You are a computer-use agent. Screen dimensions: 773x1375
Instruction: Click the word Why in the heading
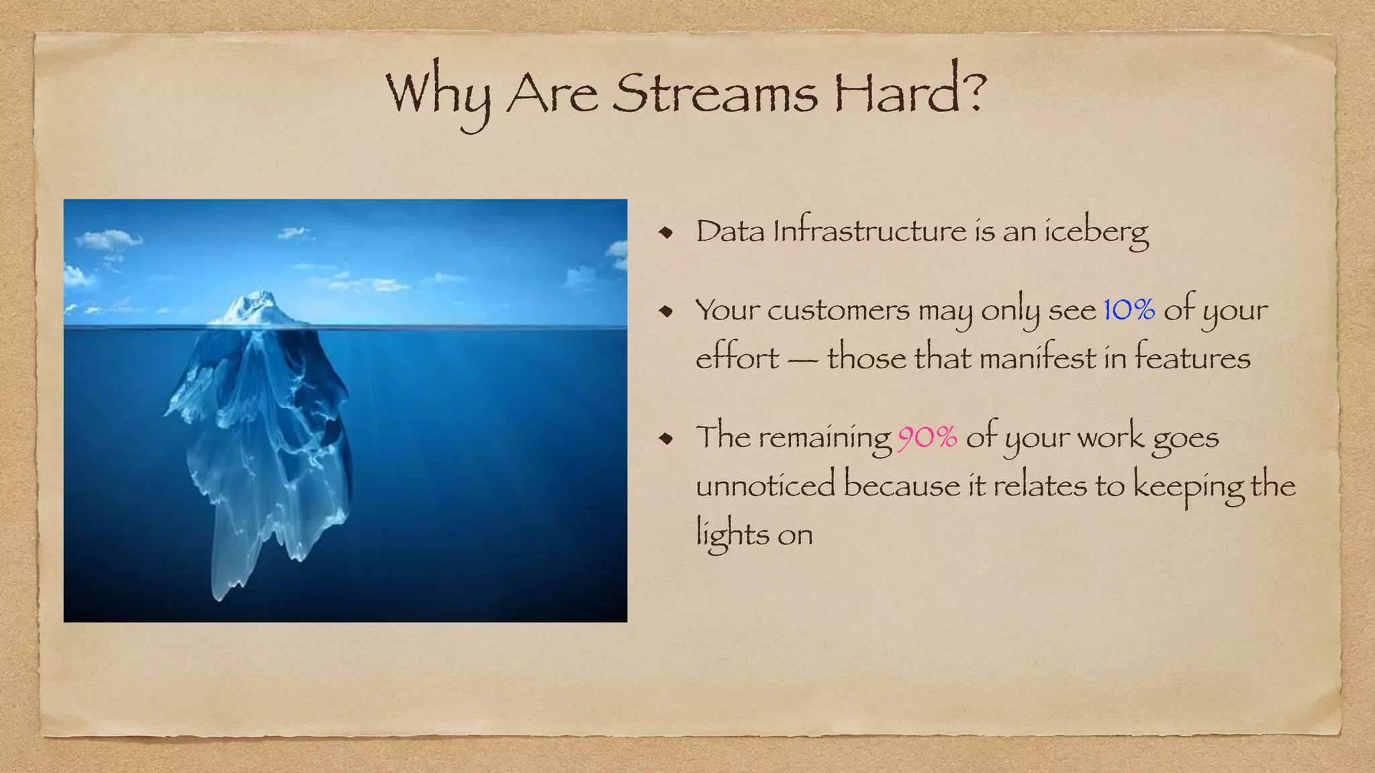click(x=438, y=94)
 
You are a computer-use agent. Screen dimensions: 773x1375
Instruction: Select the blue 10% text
click(x=1129, y=310)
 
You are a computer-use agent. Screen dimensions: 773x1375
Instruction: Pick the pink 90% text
click(x=927, y=437)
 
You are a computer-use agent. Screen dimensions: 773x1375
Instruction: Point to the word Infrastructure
click(x=869, y=231)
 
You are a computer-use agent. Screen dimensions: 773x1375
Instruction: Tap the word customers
click(x=839, y=311)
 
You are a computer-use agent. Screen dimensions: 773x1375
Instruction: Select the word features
click(x=1192, y=357)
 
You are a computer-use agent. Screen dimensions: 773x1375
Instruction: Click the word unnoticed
click(x=765, y=485)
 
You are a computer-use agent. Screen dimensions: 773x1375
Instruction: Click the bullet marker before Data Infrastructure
click(x=665, y=233)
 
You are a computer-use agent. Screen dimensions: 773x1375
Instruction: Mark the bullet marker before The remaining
click(x=665, y=439)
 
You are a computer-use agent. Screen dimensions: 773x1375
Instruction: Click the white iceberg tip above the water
click(x=255, y=309)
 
